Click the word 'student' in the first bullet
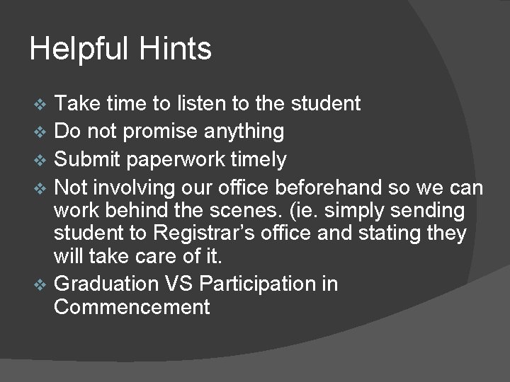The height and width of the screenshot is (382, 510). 326,104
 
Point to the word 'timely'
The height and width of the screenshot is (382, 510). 261,161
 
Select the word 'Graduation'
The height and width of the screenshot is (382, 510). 106,284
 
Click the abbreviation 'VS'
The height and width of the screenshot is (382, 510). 181,284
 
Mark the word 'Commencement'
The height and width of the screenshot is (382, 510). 132,307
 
